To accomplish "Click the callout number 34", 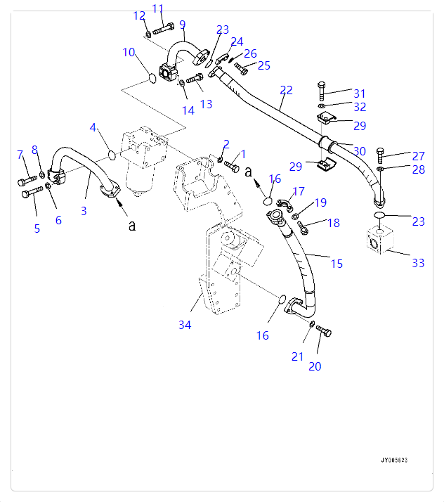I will point(185,324).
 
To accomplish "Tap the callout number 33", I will point(418,263).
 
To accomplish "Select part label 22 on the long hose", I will point(286,90).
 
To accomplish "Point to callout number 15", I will point(337,264).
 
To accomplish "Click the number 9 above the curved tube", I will point(182,25).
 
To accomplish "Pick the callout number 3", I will point(84,210).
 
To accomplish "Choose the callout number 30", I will point(360,150).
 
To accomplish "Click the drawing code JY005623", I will point(394,460).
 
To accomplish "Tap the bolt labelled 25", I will point(242,68).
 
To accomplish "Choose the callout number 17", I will point(299,191).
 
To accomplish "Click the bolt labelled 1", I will point(233,167).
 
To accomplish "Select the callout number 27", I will point(419,156).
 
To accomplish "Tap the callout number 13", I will point(206,105).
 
